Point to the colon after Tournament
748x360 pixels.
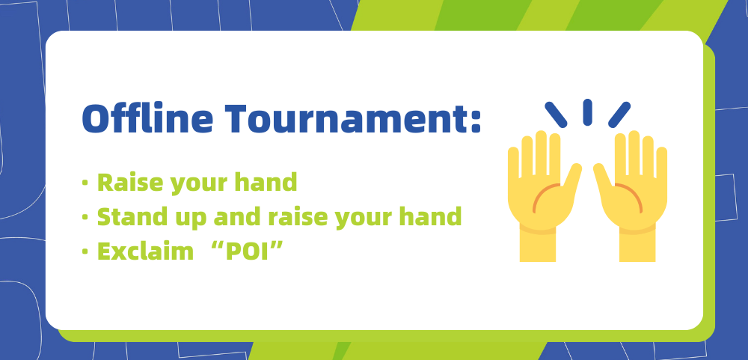point(476,121)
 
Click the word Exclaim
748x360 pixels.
point(146,251)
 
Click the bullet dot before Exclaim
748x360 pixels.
point(85,251)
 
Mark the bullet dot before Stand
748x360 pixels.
point(85,217)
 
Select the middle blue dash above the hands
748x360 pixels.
point(588,112)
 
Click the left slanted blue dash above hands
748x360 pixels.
point(556,115)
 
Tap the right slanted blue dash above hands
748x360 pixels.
point(619,115)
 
